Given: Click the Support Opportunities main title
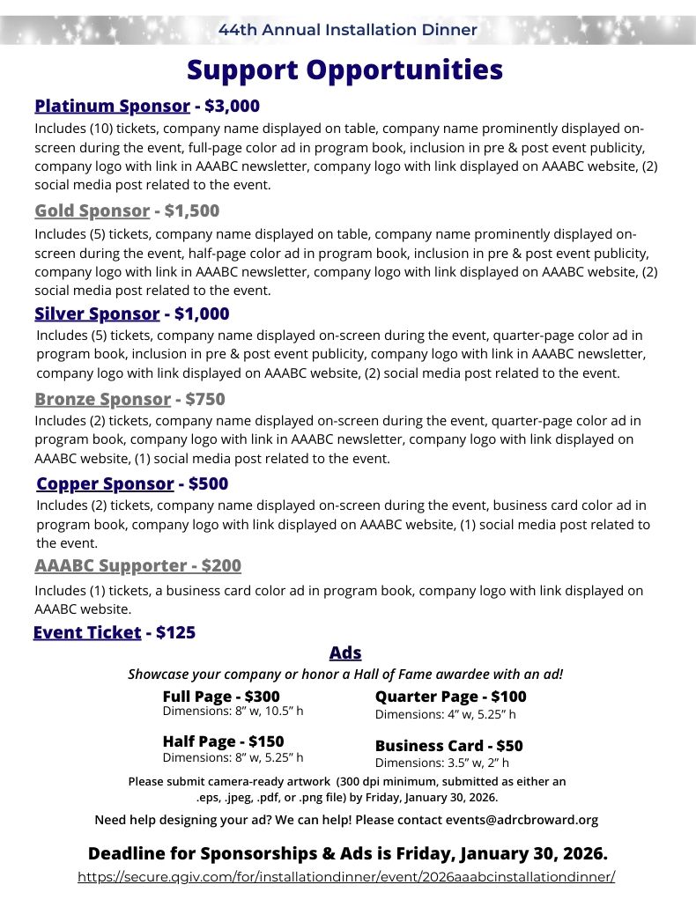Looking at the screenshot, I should click(344, 70).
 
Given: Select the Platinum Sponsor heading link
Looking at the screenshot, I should click(112, 107).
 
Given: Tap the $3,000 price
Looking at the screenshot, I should click(232, 107).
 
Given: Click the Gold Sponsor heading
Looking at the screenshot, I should click(92, 210).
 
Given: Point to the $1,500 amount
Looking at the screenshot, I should click(191, 210).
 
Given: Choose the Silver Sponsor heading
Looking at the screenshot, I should click(97, 313).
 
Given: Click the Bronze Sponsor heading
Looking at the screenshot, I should click(102, 399).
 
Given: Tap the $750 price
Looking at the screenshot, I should click(205, 399).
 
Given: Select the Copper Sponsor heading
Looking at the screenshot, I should click(105, 483).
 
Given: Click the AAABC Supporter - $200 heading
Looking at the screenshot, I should click(137, 565).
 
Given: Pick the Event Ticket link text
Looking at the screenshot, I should click(86, 632).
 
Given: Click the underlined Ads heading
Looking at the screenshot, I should click(345, 653).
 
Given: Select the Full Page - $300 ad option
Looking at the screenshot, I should click(221, 697).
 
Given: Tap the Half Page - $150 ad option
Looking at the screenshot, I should click(223, 741).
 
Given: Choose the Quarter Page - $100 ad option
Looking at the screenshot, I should click(450, 697).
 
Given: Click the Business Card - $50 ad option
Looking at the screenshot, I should click(448, 746).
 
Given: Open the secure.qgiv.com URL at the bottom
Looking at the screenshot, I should click(346, 877).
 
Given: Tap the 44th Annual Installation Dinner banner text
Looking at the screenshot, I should click(348, 30).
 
